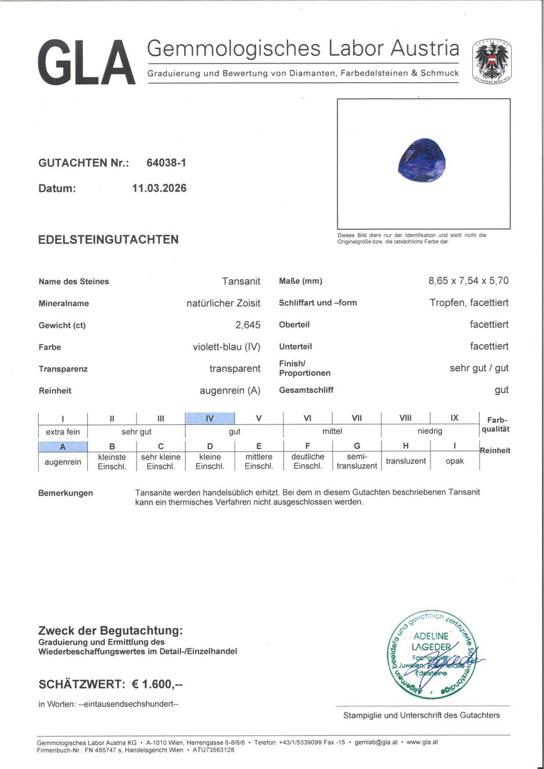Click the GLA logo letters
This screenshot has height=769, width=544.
click(x=87, y=62)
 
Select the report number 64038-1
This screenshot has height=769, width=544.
click(x=166, y=163)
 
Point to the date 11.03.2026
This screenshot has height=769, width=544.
click(x=159, y=188)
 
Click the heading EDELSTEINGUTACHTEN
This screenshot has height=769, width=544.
click(x=108, y=239)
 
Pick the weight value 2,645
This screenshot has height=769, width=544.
click(x=248, y=325)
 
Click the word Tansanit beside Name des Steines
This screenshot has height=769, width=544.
click(x=241, y=281)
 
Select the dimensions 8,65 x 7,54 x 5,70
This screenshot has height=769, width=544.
click(x=468, y=280)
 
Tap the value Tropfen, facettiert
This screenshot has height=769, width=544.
click(x=469, y=302)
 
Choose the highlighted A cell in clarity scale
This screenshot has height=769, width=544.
click(x=63, y=446)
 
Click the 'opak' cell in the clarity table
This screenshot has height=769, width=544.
click(x=454, y=461)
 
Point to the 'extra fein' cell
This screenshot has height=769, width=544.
click(x=63, y=432)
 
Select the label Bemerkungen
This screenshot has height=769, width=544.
click(x=65, y=493)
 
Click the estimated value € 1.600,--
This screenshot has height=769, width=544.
click(x=157, y=685)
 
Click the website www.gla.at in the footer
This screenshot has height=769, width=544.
click(x=422, y=742)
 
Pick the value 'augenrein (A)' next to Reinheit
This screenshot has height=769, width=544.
click(x=230, y=390)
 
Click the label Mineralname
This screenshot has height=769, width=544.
click(x=64, y=303)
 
